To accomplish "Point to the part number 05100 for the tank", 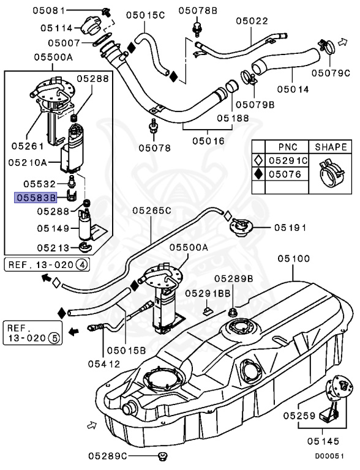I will (x=294, y=259).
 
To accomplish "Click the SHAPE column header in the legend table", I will (x=331, y=147).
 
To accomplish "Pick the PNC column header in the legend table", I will (x=288, y=147).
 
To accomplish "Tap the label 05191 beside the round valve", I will (x=289, y=227).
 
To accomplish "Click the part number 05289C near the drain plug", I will (x=108, y=456).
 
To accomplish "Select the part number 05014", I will (x=291, y=89).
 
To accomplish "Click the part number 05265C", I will (x=152, y=211).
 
